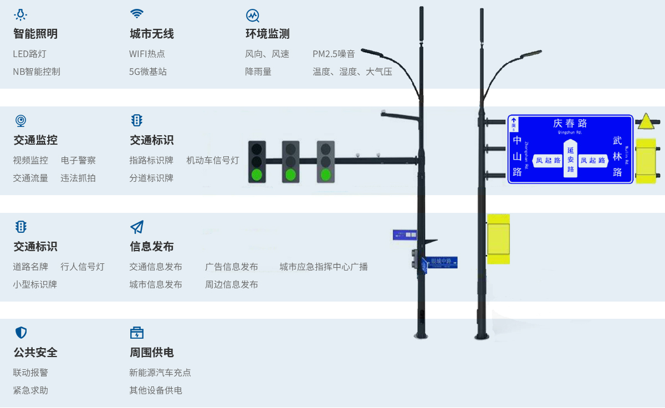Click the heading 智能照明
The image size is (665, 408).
click(35, 34)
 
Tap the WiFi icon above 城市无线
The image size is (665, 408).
click(137, 14)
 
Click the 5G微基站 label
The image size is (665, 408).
click(148, 72)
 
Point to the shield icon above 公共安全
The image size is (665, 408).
click(21, 333)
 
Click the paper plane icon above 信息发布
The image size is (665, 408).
click(137, 227)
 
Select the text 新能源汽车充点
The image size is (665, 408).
click(160, 373)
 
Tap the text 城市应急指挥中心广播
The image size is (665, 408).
click(324, 267)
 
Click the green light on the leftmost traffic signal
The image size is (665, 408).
click(257, 175)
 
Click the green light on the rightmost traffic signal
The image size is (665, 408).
click(326, 175)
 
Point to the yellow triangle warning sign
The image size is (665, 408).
click(645, 121)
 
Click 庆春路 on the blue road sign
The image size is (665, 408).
click(570, 123)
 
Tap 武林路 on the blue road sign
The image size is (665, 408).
click(617, 156)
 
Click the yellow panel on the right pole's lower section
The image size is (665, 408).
click(498, 239)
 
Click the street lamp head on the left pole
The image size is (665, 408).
click(372, 53)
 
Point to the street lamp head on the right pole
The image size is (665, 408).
click(531, 54)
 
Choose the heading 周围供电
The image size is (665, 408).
click(152, 353)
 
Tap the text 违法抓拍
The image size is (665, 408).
click(78, 178)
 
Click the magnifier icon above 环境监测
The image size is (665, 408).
click(253, 16)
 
